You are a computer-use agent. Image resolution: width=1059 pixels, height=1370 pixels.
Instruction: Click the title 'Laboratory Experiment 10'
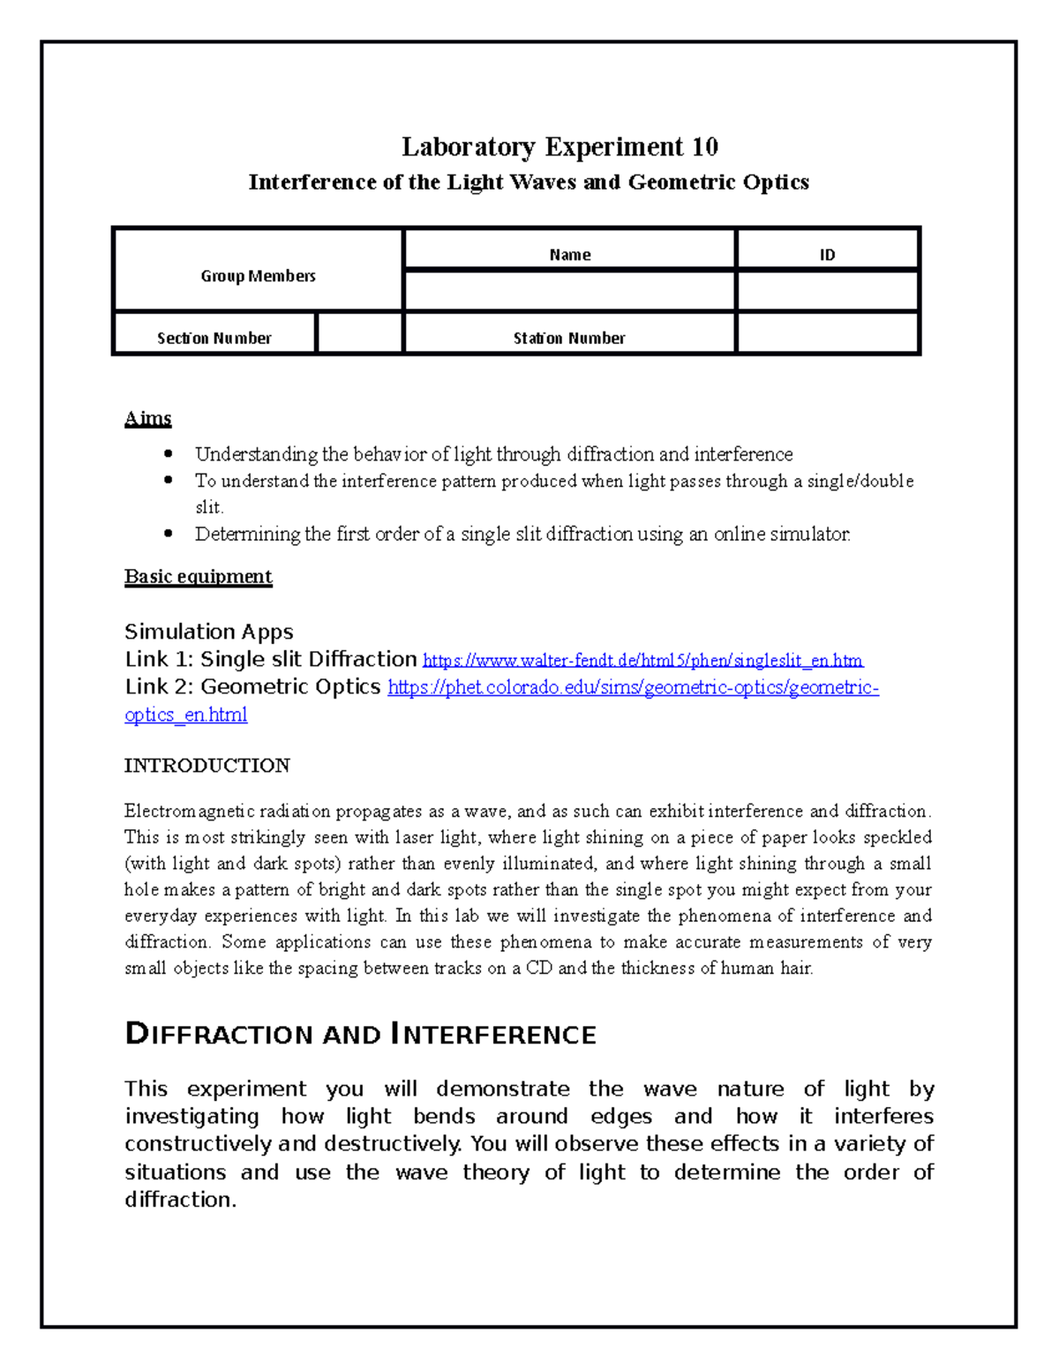[x=560, y=146]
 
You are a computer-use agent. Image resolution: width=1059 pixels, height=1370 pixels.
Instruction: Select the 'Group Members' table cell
[x=258, y=275]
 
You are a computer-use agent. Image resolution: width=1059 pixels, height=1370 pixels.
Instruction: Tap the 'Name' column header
[x=569, y=254]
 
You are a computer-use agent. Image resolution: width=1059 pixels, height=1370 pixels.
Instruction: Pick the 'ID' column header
[x=827, y=254]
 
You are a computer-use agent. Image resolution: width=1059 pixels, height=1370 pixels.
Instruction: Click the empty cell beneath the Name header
[x=569, y=291]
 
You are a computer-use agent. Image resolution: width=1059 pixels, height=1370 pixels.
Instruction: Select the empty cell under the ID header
[x=827, y=291]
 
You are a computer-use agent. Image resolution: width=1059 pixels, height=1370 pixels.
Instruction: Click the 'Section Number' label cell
[x=214, y=337]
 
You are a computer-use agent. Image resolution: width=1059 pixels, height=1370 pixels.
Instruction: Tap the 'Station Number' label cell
[x=569, y=337]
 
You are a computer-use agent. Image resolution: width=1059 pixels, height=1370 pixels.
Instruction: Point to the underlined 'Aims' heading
[x=147, y=418]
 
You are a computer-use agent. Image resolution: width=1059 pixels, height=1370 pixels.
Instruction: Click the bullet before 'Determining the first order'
[x=169, y=533]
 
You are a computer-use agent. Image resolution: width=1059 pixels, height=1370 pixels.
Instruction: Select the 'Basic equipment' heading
[x=198, y=576]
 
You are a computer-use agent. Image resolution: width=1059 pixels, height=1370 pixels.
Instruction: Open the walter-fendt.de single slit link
[x=642, y=661]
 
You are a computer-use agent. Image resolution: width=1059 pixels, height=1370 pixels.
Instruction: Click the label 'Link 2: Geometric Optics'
[x=252, y=686]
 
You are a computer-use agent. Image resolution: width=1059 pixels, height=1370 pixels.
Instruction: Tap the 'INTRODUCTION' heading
[x=207, y=765]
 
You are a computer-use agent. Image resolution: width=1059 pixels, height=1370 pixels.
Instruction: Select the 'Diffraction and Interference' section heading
[x=360, y=1034]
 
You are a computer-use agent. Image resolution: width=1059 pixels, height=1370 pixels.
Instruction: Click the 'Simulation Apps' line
[x=208, y=632]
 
